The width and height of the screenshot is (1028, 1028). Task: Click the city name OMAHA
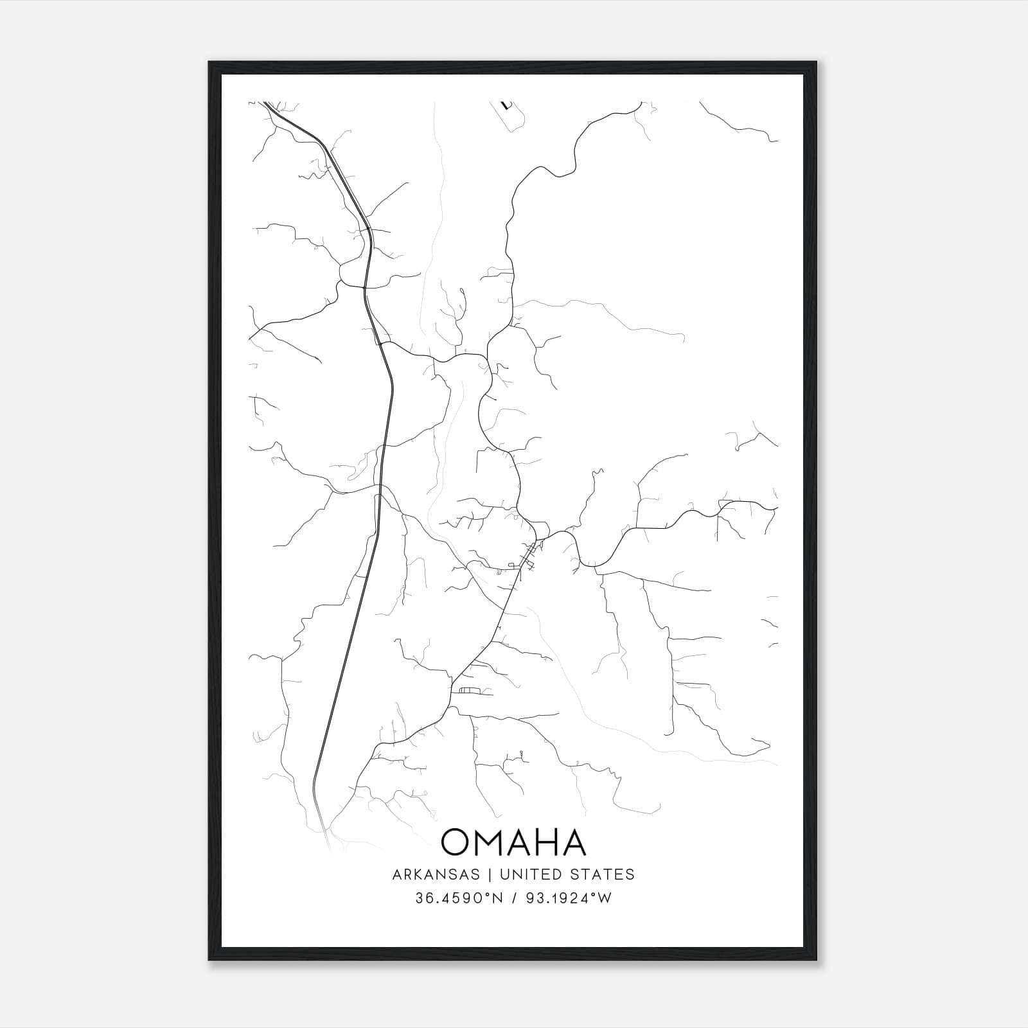(513, 842)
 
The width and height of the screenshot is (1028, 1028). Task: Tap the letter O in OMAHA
(457, 842)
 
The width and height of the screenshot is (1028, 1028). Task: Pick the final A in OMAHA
(574, 842)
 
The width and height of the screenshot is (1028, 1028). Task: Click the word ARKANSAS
(436, 874)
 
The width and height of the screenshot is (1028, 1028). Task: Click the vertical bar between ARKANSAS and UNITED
(489, 874)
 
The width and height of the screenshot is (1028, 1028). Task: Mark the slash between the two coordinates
(513, 898)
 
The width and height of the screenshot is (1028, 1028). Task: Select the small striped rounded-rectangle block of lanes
(470, 690)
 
